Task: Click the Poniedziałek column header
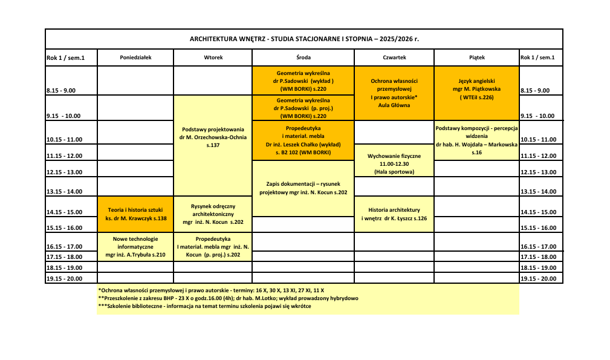(135, 57)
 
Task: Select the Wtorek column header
(213, 57)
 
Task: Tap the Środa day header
(303, 57)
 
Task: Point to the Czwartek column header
(394, 57)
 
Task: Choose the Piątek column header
(476, 57)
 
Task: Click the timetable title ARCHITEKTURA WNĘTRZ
(304, 39)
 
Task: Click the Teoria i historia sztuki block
(135, 214)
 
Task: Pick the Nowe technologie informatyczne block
(135, 247)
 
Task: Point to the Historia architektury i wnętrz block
(394, 214)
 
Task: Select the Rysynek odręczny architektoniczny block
(213, 214)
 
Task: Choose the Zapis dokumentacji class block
(303, 188)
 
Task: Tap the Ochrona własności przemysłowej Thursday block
(394, 93)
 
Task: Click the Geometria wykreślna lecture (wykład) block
(303, 80)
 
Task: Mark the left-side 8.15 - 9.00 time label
(61, 91)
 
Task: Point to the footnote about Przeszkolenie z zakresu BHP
(228, 298)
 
